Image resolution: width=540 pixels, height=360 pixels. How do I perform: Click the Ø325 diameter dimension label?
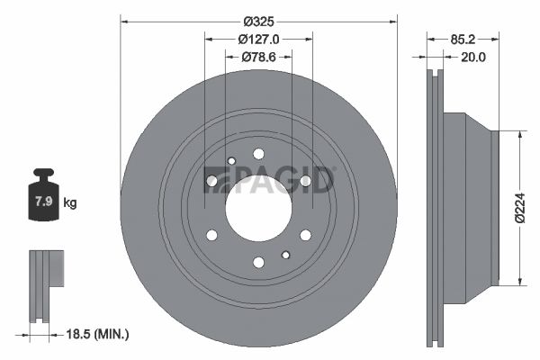[x=258, y=22]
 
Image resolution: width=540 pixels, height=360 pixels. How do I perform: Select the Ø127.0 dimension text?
[x=258, y=40]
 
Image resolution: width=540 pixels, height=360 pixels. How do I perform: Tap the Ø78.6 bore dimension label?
[x=258, y=57]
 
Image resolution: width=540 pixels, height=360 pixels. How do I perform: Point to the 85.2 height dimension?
[x=463, y=40]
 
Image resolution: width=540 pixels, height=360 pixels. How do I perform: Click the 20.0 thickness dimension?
[x=473, y=57]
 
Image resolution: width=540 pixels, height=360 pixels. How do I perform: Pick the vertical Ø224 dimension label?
[x=520, y=208]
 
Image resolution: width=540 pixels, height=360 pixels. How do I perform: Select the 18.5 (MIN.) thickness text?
[x=97, y=334]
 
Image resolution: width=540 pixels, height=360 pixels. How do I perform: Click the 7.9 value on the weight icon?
[x=44, y=201]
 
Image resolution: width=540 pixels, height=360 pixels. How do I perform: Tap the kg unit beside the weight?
[x=70, y=202]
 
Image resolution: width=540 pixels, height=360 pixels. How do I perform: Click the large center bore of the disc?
[x=258, y=208]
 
